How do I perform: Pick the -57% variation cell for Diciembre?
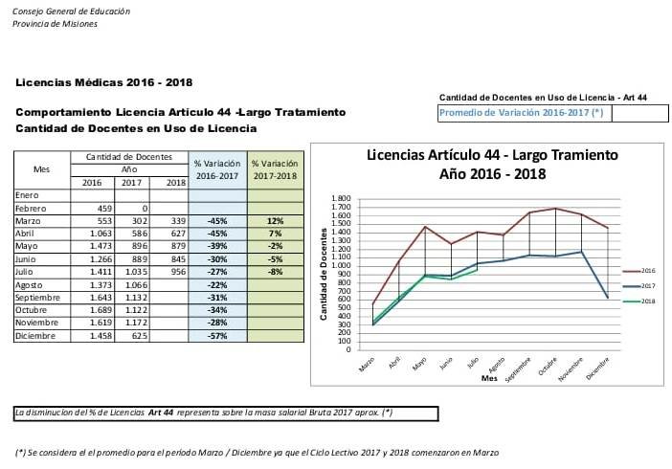tap(217, 337)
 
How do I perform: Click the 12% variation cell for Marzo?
tap(275, 219)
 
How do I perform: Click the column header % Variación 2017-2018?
tap(275, 169)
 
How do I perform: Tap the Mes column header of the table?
tap(41, 169)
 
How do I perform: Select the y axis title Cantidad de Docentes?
tap(325, 275)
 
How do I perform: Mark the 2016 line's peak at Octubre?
tap(555, 208)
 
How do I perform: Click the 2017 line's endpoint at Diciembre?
tap(608, 298)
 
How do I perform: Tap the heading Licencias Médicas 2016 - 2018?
tap(104, 82)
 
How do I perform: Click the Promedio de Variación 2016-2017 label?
tap(522, 113)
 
